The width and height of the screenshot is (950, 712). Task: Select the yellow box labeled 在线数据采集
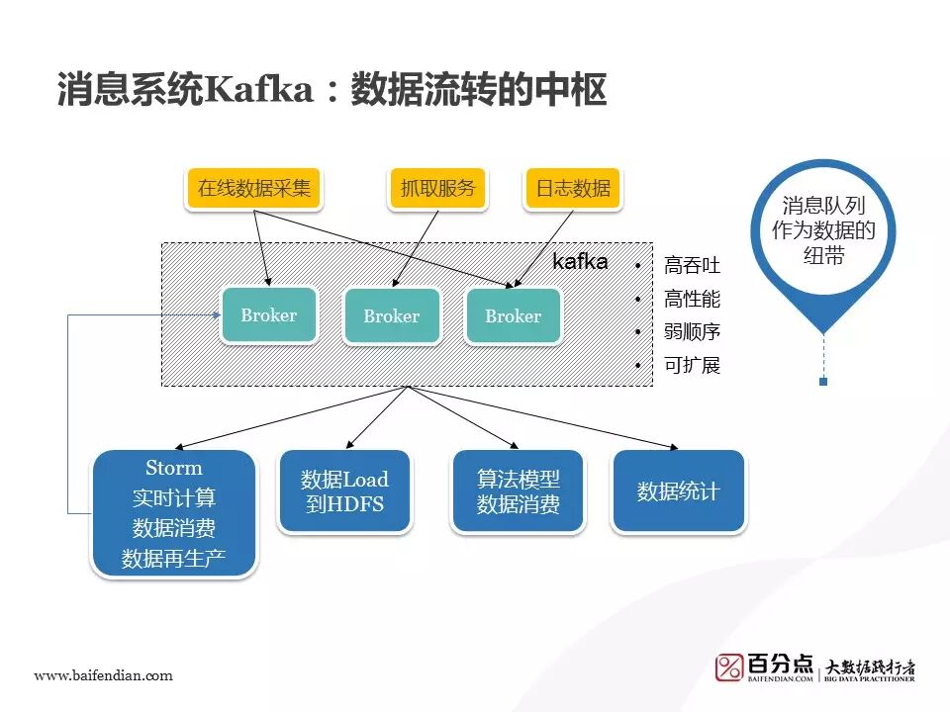(254, 188)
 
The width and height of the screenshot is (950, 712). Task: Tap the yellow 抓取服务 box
(438, 188)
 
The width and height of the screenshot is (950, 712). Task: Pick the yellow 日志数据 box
(573, 188)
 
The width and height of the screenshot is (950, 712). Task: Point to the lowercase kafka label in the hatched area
(580, 262)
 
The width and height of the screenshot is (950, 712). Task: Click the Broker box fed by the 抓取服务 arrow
(391, 316)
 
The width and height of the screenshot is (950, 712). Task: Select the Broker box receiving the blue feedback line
(268, 315)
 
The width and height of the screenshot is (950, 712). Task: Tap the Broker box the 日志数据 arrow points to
(513, 316)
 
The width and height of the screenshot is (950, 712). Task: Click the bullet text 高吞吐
(692, 266)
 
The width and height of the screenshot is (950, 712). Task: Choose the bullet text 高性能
(692, 299)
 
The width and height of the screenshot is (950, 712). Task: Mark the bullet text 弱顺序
(692, 332)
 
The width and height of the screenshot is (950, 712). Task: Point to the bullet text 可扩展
(692, 366)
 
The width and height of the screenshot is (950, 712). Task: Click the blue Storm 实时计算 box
(174, 513)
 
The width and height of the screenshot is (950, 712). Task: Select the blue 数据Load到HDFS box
(343, 491)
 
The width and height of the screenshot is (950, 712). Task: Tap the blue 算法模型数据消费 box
(518, 491)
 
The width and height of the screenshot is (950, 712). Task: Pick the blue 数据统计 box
(678, 491)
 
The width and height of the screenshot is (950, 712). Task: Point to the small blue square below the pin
(823, 381)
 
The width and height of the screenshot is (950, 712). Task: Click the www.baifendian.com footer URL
(104, 675)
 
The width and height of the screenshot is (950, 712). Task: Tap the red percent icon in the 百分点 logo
(730, 668)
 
